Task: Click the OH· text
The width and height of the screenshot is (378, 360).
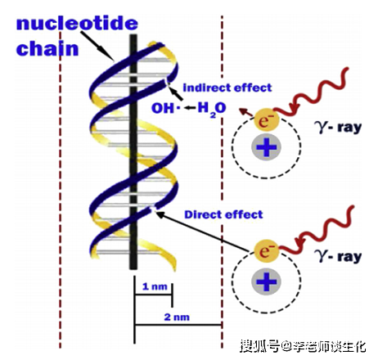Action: pos(164,106)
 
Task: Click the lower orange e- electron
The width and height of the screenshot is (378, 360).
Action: pos(264,248)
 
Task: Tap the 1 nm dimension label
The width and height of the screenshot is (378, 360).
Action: pos(152,287)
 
